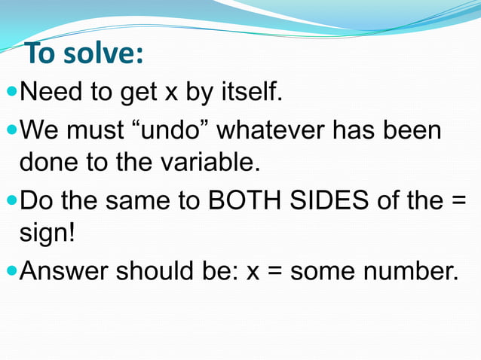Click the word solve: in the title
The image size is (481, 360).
[x=106, y=56]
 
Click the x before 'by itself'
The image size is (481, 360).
[x=172, y=95]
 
